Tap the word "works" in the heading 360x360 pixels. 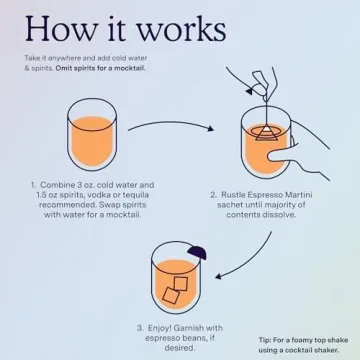tap(182, 28)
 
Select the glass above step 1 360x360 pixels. tap(92, 134)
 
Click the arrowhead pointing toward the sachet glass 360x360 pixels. tap(210, 128)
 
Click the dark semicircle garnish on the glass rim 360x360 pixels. tap(197, 253)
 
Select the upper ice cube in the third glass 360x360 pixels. tap(181, 283)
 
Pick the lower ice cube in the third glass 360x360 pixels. tap(171, 295)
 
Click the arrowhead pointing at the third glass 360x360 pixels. tap(219, 276)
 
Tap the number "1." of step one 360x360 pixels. tap(34, 185)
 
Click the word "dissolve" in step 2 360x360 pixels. tap(279, 215)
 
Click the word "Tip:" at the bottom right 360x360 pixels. tap(265, 340)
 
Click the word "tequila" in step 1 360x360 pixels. tap(136, 195)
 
